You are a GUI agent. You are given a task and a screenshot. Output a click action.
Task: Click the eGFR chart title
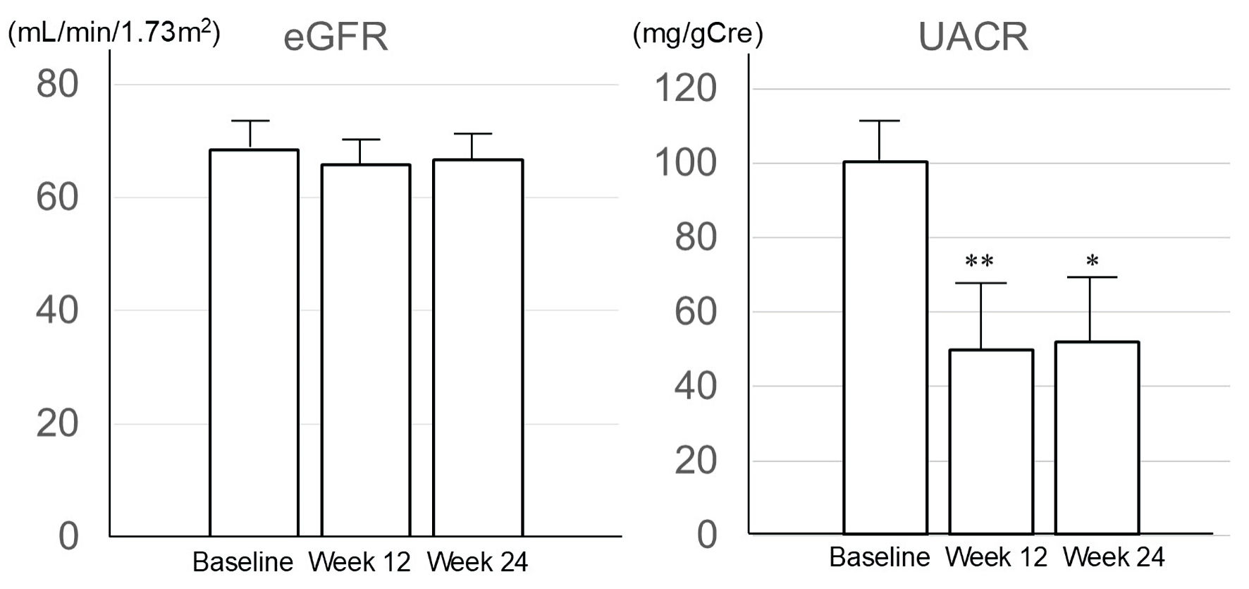click(x=336, y=37)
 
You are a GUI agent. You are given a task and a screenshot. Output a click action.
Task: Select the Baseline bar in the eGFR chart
click(x=254, y=343)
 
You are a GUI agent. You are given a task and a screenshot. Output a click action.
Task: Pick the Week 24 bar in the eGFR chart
click(x=477, y=348)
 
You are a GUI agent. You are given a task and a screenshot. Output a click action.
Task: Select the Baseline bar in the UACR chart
click(x=885, y=348)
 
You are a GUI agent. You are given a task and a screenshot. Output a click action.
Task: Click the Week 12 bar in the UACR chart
click(x=991, y=442)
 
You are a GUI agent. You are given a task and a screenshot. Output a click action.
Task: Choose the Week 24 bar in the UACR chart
click(x=1097, y=437)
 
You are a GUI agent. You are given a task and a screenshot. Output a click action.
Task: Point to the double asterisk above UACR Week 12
click(x=979, y=262)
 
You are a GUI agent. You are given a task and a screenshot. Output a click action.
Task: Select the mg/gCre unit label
click(x=698, y=34)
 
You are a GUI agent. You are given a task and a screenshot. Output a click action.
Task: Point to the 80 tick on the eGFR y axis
click(x=57, y=85)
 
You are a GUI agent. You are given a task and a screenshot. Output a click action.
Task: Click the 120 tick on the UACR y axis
click(x=685, y=89)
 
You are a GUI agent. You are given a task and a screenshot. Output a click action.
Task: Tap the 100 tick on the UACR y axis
click(x=685, y=163)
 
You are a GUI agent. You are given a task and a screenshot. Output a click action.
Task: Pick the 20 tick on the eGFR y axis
click(x=57, y=424)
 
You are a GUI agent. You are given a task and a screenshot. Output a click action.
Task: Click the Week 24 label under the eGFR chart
click(x=477, y=562)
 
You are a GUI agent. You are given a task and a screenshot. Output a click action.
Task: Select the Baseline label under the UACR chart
click(x=879, y=557)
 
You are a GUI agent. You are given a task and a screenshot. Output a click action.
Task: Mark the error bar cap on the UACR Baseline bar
click(x=880, y=121)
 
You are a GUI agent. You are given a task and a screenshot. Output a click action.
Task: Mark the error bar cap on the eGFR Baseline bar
click(x=250, y=121)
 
